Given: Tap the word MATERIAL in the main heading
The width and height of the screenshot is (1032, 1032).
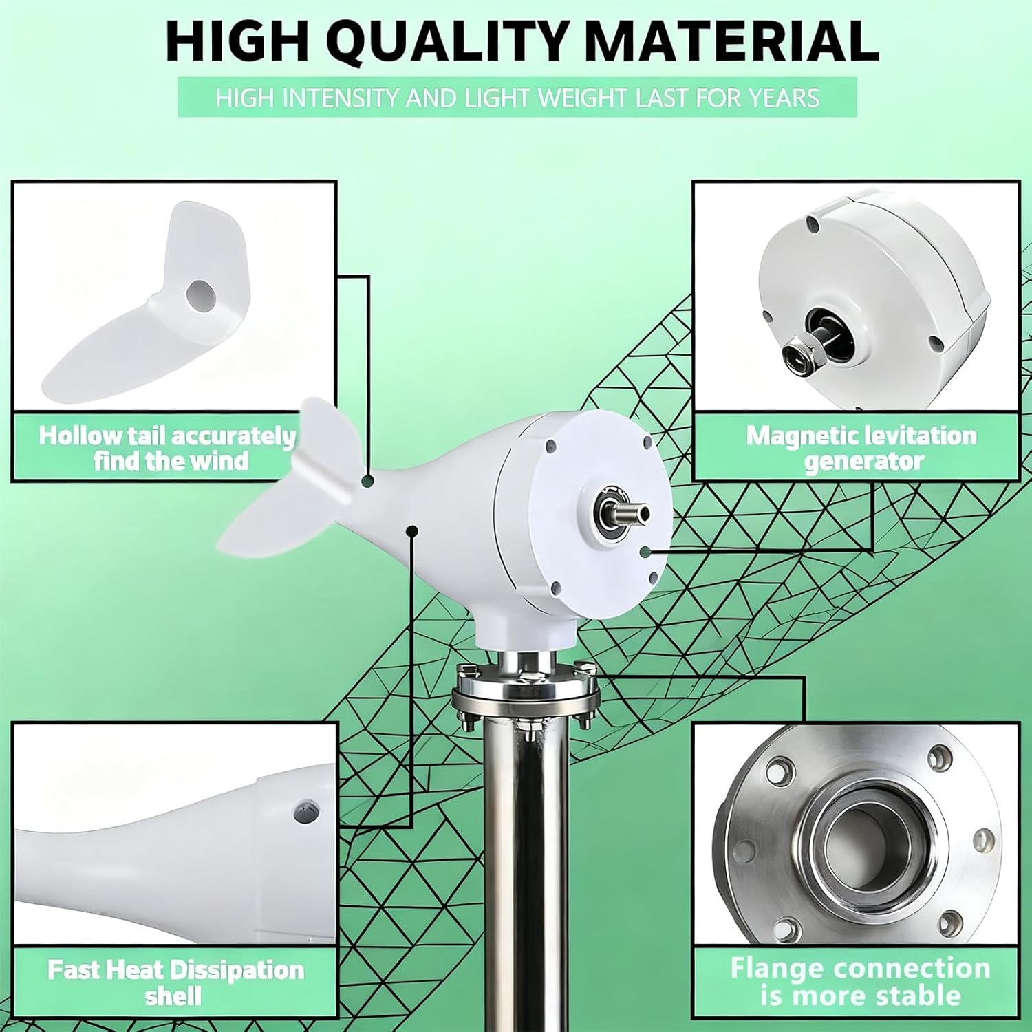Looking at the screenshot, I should click(x=731, y=43).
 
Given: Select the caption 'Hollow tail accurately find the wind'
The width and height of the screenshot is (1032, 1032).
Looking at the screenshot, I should click(x=167, y=448).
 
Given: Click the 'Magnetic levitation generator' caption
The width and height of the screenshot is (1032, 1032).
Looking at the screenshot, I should click(x=861, y=448).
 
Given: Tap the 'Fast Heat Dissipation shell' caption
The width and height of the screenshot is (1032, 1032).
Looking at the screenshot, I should click(x=175, y=982).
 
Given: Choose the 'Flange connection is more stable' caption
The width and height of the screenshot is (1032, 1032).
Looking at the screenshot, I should click(x=860, y=982).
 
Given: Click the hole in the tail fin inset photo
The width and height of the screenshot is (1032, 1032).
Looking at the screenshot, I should click(x=200, y=295).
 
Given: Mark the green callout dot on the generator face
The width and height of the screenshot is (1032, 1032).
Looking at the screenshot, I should click(x=645, y=552).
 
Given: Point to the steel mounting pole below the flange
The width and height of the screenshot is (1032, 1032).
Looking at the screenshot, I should click(x=526, y=860).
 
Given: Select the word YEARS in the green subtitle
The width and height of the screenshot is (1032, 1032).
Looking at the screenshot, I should click(x=784, y=98).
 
